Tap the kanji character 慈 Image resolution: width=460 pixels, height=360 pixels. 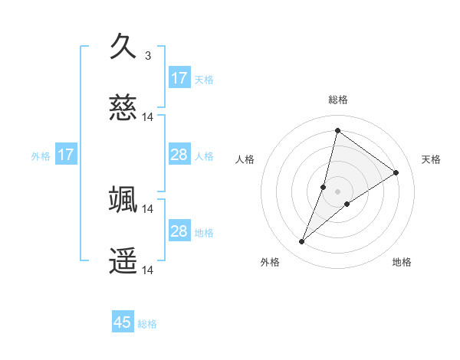point(123,108)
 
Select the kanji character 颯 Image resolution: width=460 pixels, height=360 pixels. point(123,199)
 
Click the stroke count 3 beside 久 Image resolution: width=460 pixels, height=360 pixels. point(148,55)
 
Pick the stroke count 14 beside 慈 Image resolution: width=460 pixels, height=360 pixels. point(148,117)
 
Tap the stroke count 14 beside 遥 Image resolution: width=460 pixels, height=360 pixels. point(148,270)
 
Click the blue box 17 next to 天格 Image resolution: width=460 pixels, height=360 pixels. point(179,78)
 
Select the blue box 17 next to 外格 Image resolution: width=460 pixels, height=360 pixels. point(66,155)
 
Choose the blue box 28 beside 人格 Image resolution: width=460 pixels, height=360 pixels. point(179,155)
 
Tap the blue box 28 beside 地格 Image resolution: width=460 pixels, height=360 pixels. point(179,231)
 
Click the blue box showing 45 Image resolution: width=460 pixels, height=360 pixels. point(123,322)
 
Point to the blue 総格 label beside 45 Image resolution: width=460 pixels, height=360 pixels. point(147,324)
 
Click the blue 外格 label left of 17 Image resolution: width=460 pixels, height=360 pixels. point(41,156)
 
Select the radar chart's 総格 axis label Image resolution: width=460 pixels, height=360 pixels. point(338,100)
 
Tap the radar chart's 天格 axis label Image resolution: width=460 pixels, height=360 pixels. point(432,159)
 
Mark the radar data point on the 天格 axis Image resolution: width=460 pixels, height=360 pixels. point(396,172)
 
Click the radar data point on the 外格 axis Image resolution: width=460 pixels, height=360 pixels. point(302,242)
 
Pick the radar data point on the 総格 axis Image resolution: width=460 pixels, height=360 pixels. point(337,130)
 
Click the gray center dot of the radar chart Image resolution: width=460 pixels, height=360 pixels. point(338,191)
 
